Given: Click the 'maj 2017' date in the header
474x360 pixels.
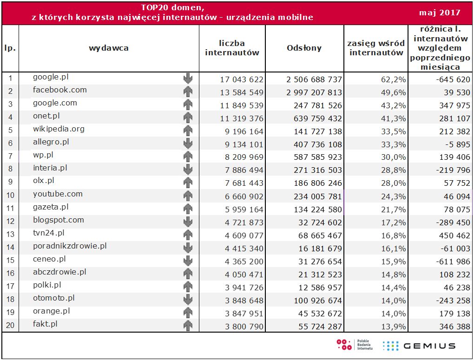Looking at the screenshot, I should pos(439,13).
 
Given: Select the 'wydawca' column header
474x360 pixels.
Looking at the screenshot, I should pos(109,48).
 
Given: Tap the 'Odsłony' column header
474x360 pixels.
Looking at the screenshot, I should pos(304,48).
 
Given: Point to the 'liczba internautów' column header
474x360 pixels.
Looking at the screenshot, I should pos(232,48).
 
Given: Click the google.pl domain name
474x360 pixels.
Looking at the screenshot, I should pos(51,77).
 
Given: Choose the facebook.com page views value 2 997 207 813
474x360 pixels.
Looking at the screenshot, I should pos(314,92).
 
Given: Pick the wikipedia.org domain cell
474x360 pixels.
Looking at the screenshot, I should pos(59,129).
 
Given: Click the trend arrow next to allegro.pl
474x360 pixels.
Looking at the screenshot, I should pos(188,144).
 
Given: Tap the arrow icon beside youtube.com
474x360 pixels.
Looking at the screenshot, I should pos(188,196).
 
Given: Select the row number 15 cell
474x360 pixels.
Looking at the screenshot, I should pos(10,262).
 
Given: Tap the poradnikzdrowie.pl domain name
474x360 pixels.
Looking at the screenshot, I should pos(70,246).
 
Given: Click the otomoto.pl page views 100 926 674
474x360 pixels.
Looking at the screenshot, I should pos(314,301).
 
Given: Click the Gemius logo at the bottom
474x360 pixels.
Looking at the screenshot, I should pos(418,346).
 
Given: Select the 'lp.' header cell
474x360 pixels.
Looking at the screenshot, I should pos(10,48).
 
